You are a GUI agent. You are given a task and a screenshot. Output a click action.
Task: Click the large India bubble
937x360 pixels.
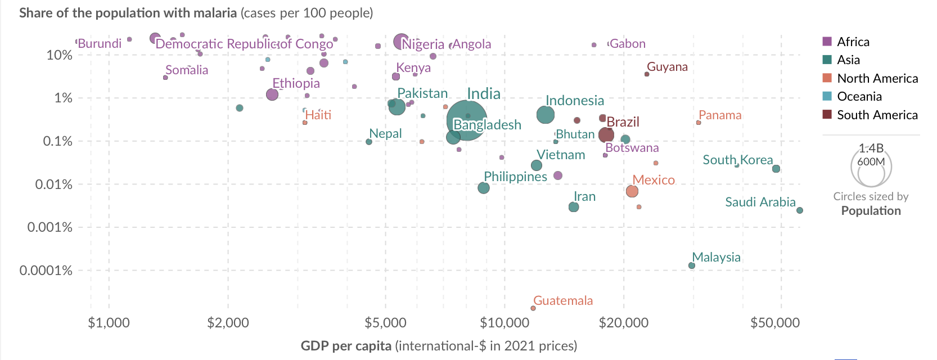[x=467, y=120]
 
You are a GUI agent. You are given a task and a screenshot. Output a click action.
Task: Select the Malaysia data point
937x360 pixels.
[x=692, y=265]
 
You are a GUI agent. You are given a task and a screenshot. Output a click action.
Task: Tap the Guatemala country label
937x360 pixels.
[x=563, y=300]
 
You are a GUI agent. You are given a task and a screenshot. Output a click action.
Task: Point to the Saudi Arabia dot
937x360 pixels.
[x=800, y=210]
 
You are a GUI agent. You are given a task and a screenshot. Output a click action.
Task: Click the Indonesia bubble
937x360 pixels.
[x=546, y=115]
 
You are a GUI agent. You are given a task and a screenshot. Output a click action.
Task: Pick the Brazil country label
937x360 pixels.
[x=623, y=122]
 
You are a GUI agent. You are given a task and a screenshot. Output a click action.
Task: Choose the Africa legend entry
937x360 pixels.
[x=853, y=42]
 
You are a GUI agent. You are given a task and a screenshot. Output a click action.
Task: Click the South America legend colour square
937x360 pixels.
[x=827, y=115]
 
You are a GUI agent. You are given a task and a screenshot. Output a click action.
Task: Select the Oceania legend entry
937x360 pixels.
[x=859, y=96]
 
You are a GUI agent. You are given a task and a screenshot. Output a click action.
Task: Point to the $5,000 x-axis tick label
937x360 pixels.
[x=385, y=323]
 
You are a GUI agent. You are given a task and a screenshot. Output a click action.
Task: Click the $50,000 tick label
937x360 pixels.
[x=775, y=323]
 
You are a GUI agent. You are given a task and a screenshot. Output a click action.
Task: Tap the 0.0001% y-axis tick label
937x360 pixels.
[x=46, y=271]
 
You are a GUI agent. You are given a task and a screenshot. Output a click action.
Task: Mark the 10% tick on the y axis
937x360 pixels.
[x=59, y=55]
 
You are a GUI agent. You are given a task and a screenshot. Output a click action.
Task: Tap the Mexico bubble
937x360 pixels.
[x=632, y=191]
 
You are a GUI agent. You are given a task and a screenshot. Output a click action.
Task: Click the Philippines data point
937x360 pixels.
[x=484, y=188]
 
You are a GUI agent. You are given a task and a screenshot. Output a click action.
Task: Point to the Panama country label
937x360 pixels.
[x=720, y=115]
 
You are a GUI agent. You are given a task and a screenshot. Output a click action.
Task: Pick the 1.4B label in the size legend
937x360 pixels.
[x=871, y=148]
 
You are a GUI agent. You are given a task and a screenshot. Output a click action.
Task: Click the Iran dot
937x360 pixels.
[x=574, y=207]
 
